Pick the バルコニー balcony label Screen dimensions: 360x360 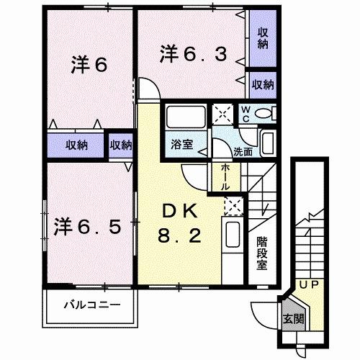pos(90,305)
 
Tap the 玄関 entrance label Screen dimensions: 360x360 pos(292,319)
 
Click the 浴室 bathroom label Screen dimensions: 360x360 pos(181,144)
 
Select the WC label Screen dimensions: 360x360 pos(245,114)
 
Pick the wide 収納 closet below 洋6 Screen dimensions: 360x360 pos(77,144)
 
